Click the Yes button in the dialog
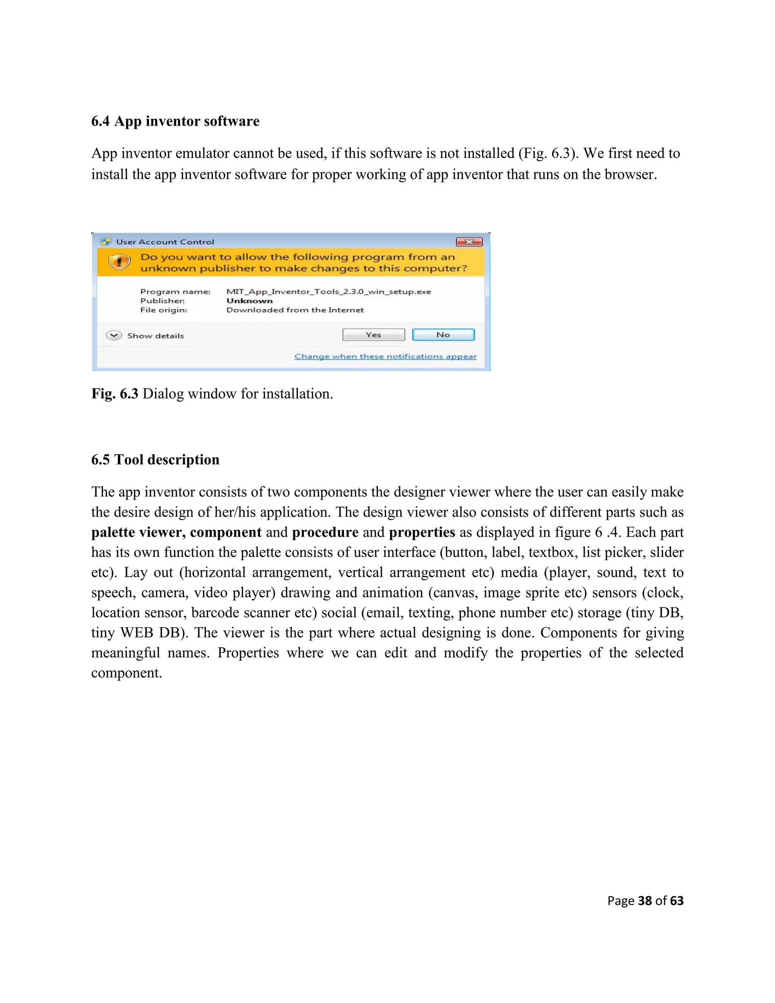pyautogui.click(x=373, y=335)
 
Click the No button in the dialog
pyautogui.click(x=443, y=335)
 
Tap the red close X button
pyautogui.click(x=469, y=241)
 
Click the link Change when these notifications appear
pyautogui.click(x=385, y=357)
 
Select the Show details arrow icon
pyautogui.click(x=114, y=335)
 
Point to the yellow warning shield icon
pyautogui.click(x=119, y=262)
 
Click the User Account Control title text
pyautogui.click(x=165, y=242)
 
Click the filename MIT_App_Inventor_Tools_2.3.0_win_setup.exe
pyautogui.click(x=329, y=291)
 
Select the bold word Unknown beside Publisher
pyautogui.click(x=249, y=301)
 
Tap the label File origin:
pyautogui.click(x=163, y=310)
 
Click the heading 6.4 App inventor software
pyautogui.click(x=175, y=121)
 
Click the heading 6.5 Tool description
pyautogui.click(x=155, y=460)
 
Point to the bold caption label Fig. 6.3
pyautogui.click(x=115, y=394)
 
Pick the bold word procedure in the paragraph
pyautogui.click(x=325, y=532)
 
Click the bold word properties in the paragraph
pyautogui.click(x=422, y=532)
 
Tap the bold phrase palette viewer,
pyautogui.click(x=138, y=532)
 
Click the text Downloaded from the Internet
pyautogui.click(x=295, y=310)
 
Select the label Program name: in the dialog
pyautogui.click(x=175, y=291)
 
